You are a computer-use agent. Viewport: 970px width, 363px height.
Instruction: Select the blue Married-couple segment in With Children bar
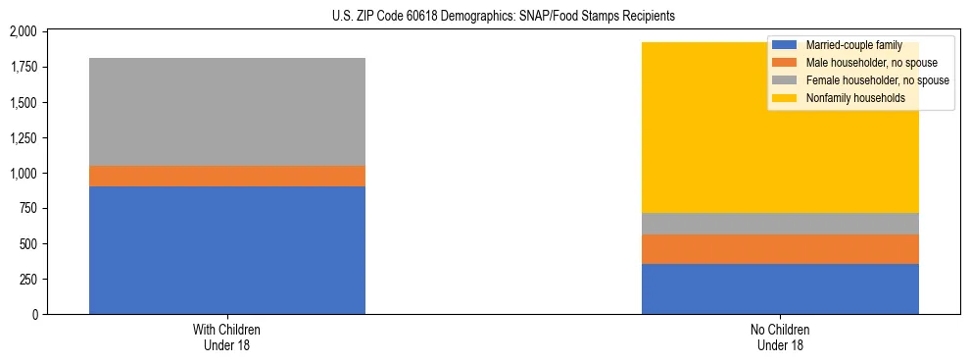click(227, 250)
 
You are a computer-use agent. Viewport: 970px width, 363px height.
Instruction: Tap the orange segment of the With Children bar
click(227, 176)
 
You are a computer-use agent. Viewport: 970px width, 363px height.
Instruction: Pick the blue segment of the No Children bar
click(780, 288)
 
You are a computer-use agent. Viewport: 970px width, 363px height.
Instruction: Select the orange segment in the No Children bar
click(780, 249)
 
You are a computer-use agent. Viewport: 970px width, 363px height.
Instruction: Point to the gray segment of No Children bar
click(780, 224)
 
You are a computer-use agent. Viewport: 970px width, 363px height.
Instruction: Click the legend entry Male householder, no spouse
click(868, 63)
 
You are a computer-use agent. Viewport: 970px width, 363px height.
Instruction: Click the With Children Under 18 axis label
click(227, 337)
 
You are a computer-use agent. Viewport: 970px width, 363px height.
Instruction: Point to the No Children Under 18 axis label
click(780, 337)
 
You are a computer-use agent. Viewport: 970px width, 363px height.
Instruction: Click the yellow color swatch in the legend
click(785, 98)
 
